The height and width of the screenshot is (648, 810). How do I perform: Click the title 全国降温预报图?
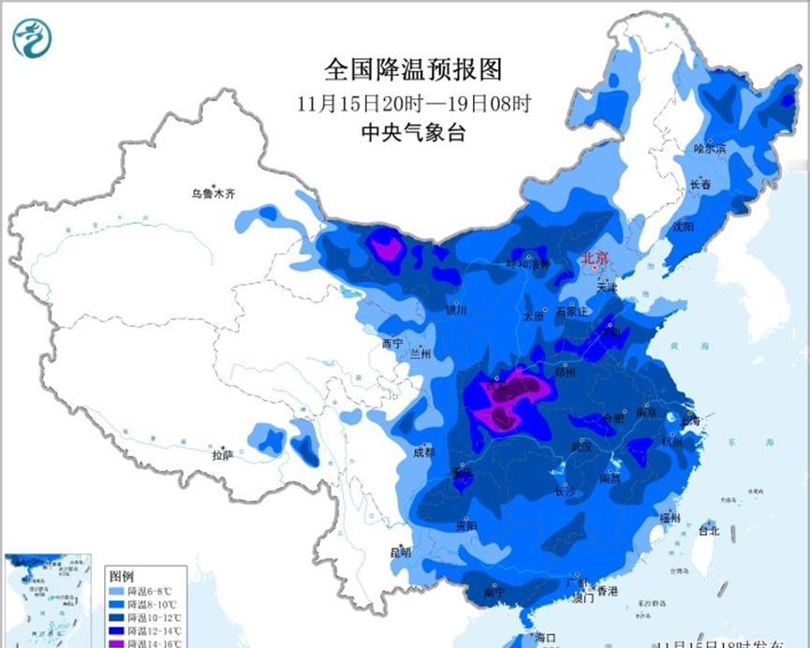click(413, 68)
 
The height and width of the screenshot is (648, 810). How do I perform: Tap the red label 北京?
click(596, 258)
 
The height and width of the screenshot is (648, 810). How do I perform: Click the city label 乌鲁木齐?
click(214, 195)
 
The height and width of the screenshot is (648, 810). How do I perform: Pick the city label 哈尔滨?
click(709, 148)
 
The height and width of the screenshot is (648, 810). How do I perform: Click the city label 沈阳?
click(683, 227)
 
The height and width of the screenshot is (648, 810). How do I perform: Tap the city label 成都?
click(423, 451)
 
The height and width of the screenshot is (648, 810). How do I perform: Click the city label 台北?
click(709, 530)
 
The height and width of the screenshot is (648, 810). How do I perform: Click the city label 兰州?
click(420, 354)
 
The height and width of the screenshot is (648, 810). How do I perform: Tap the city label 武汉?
click(582, 447)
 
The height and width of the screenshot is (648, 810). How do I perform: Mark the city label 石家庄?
click(570, 312)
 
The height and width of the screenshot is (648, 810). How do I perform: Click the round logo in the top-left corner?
click(33, 37)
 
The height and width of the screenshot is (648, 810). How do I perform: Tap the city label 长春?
click(700, 185)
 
